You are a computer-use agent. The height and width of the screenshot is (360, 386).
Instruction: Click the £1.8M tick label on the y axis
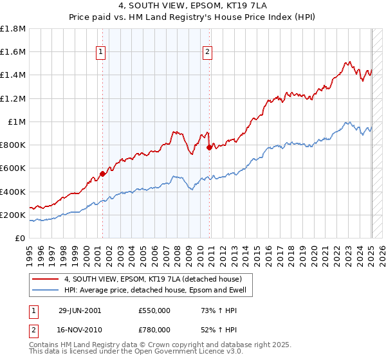[x=14, y=29]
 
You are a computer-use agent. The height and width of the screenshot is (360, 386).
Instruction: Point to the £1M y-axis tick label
[x=17, y=122]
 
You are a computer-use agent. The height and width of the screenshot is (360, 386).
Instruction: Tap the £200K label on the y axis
[x=14, y=215]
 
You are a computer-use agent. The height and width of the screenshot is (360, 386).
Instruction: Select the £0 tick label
[x=21, y=238]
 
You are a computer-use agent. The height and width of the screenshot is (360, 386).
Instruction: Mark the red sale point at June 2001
[x=103, y=174]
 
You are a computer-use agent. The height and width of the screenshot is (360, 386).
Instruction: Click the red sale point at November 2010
[x=209, y=147]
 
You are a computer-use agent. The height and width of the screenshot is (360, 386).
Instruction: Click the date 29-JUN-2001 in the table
[x=80, y=310]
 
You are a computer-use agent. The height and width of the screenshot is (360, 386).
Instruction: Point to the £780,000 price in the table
[x=154, y=329]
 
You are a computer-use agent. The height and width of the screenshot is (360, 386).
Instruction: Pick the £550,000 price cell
[x=154, y=310]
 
